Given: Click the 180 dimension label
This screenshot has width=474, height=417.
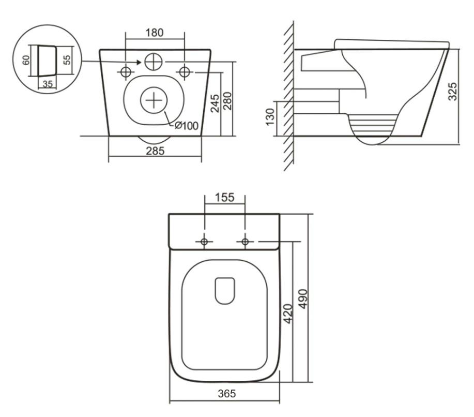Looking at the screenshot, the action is [155, 33].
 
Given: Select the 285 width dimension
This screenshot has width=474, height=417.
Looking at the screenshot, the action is [155, 151].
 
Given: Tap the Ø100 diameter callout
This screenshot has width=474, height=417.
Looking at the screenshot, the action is [187, 125].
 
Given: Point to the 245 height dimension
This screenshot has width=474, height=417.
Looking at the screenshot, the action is [215, 103].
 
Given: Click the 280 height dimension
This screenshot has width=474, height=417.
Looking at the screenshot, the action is [227, 101].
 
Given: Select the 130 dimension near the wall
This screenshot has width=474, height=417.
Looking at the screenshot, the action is [270, 117].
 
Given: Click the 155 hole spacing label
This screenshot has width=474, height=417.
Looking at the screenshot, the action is [225, 197].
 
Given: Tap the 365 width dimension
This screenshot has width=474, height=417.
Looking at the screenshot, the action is [227, 393].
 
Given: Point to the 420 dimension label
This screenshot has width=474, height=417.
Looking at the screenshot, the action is [288, 314].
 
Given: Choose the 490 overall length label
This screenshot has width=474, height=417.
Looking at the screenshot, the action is [303, 299].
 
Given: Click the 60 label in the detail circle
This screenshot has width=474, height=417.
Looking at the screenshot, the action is [26, 60].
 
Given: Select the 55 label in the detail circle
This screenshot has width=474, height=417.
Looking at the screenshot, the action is [67, 59].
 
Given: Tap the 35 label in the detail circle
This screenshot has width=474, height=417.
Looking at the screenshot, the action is [48, 84].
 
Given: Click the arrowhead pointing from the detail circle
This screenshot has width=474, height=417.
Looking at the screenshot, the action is [139, 62].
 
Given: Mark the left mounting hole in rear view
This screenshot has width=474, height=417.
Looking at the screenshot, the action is [126, 72].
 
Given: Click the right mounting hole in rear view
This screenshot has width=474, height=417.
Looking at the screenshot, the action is [185, 72].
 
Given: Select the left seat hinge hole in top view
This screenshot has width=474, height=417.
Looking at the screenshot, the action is [204, 242].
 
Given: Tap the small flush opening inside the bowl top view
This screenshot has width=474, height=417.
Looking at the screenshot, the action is [225, 291].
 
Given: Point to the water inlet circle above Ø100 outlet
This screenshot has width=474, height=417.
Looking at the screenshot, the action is [154, 62].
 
